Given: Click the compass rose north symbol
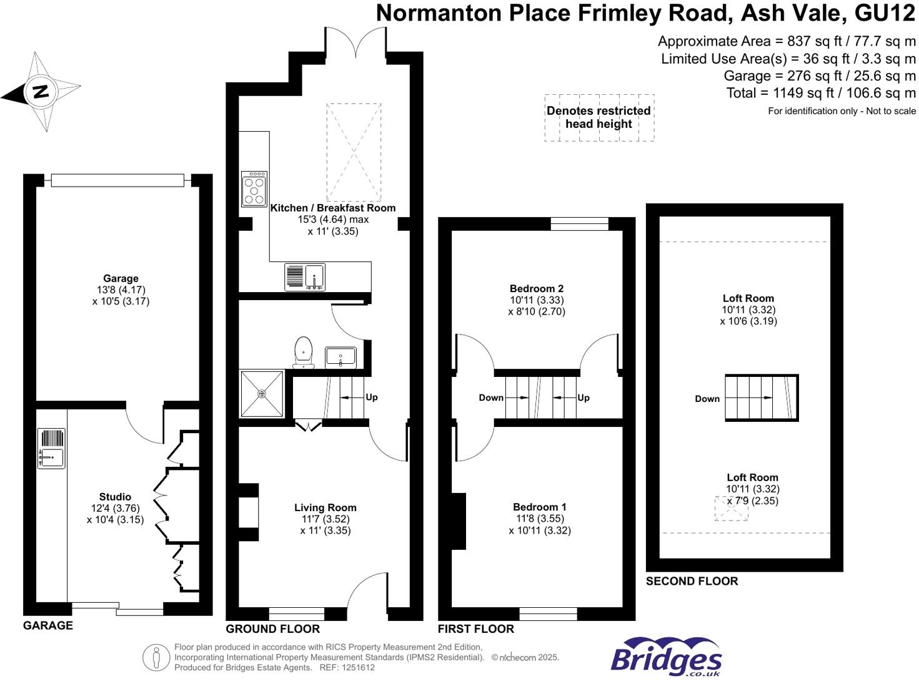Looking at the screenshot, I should [41, 92].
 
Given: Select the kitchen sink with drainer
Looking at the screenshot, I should [305, 277].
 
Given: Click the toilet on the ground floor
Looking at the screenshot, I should [303, 352].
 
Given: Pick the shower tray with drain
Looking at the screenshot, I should [262, 394].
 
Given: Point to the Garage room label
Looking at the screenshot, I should [121, 278].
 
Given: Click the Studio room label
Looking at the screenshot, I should [115, 497].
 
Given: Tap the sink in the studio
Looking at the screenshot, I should [51, 448].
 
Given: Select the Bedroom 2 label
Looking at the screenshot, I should [537, 288].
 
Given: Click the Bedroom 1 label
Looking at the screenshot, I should [539, 507].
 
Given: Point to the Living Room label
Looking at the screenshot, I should [325, 507].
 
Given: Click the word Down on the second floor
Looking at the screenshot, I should [707, 399].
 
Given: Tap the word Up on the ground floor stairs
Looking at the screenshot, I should [372, 397].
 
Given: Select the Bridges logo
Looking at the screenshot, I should [666, 658].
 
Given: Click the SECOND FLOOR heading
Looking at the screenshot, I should [692, 581].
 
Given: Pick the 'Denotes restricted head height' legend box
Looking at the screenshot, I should [599, 117].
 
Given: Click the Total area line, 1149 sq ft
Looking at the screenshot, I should [820, 93].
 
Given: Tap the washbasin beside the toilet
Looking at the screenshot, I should [340, 358].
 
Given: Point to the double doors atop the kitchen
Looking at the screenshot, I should [355, 42].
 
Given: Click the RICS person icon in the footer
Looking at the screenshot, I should [156, 657].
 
